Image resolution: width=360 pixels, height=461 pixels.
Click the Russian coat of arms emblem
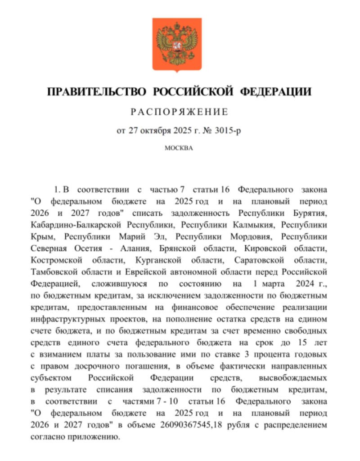click(180, 44)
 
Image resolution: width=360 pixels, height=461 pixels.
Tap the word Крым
click(43, 235)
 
